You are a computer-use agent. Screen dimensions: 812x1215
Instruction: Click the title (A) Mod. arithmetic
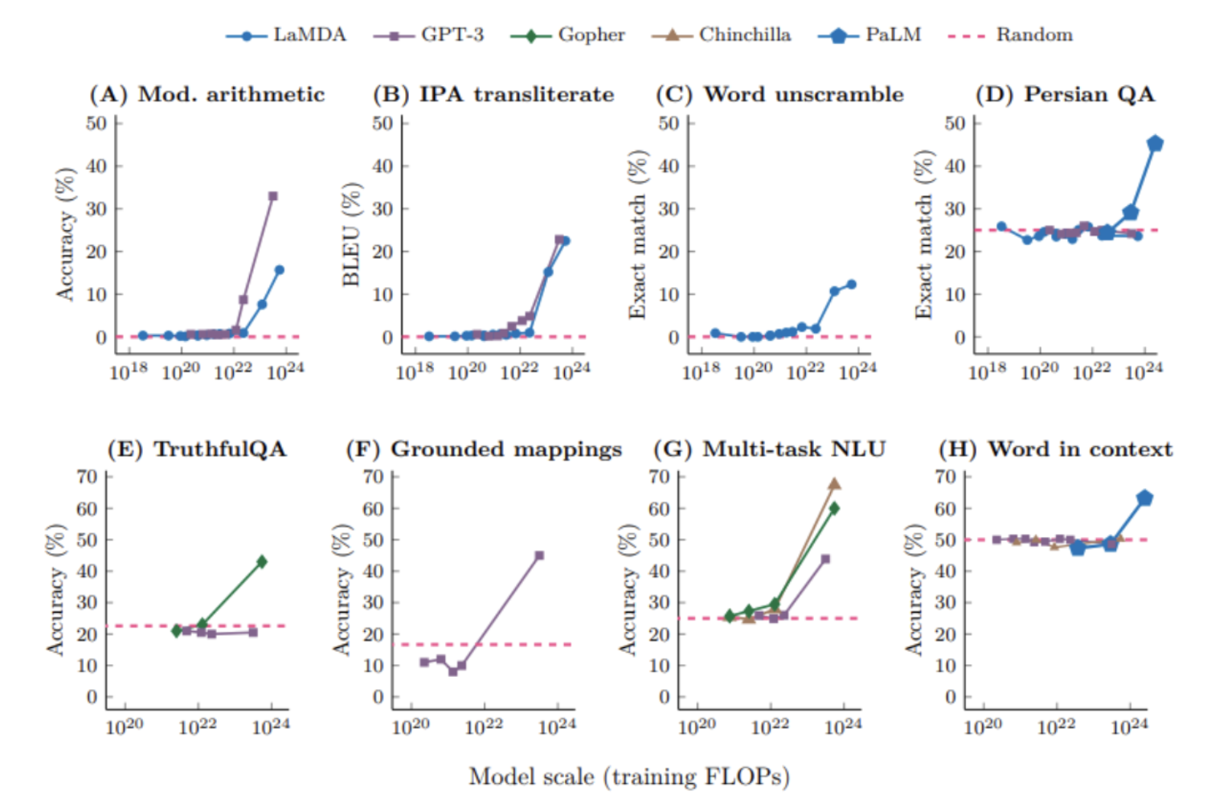click(207, 94)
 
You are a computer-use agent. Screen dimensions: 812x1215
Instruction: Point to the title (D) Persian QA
click(1065, 94)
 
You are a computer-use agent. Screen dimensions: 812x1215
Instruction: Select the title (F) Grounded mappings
click(484, 449)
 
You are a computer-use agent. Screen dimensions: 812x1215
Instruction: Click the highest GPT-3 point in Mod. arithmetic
click(272, 196)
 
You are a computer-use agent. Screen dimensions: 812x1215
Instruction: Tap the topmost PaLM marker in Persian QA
click(1155, 144)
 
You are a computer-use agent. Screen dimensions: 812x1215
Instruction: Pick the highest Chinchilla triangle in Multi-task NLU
click(834, 484)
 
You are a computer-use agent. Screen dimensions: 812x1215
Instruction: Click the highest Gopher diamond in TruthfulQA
click(261, 562)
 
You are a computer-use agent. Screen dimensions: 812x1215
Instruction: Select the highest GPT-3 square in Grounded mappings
click(539, 556)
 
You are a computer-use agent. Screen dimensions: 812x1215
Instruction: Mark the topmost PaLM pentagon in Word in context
click(1144, 498)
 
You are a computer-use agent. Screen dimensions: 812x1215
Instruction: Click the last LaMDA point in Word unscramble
click(851, 285)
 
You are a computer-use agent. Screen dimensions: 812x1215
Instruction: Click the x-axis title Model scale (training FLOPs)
click(629, 777)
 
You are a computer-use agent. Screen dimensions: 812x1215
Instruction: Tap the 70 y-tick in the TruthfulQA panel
click(87, 477)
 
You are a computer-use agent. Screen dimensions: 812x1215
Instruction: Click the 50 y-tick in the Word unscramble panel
click(669, 123)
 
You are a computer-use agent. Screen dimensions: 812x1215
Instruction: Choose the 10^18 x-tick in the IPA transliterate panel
click(415, 371)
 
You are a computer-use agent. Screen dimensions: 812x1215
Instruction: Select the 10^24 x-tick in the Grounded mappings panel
click(557, 727)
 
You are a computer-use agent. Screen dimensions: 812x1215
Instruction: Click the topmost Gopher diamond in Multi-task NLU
click(834, 508)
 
